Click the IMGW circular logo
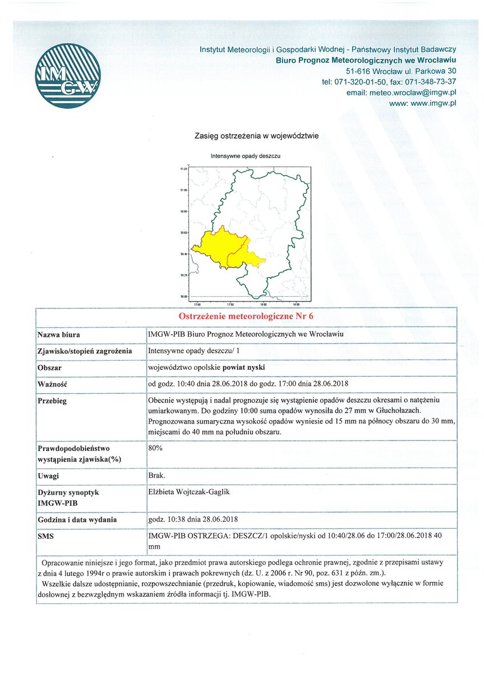point(67,76)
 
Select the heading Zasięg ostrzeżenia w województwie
point(256,136)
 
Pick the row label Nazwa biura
point(59,335)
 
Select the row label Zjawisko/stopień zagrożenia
point(84,351)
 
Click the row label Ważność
point(53,384)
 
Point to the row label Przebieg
point(52,401)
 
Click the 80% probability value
point(155,448)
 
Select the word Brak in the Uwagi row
point(156,476)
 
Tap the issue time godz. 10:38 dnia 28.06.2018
point(193,519)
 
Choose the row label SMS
point(46,537)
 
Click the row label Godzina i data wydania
point(77,520)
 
